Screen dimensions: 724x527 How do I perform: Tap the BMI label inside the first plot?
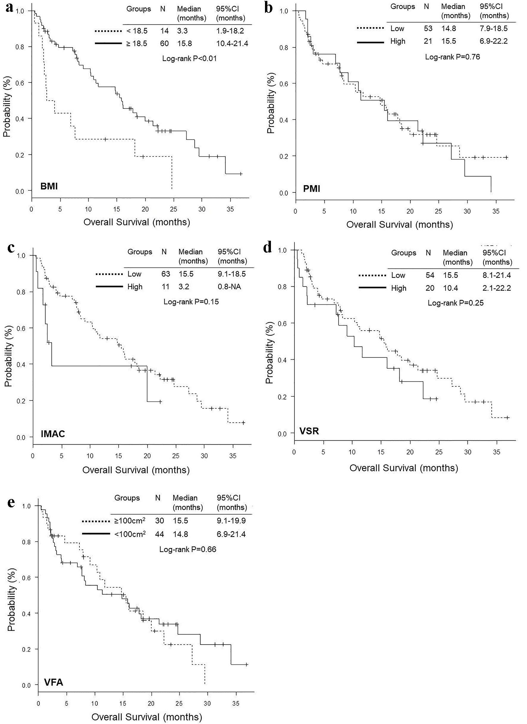(49, 186)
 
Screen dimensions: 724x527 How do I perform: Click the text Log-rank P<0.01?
(189, 58)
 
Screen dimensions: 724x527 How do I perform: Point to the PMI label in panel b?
(311, 189)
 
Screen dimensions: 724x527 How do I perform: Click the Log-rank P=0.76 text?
(452, 57)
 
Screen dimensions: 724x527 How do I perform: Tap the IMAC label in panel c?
(53, 434)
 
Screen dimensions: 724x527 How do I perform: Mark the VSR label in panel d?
(309, 431)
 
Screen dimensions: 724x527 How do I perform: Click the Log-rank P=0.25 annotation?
(456, 303)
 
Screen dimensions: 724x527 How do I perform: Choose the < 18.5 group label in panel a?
(137, 31)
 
